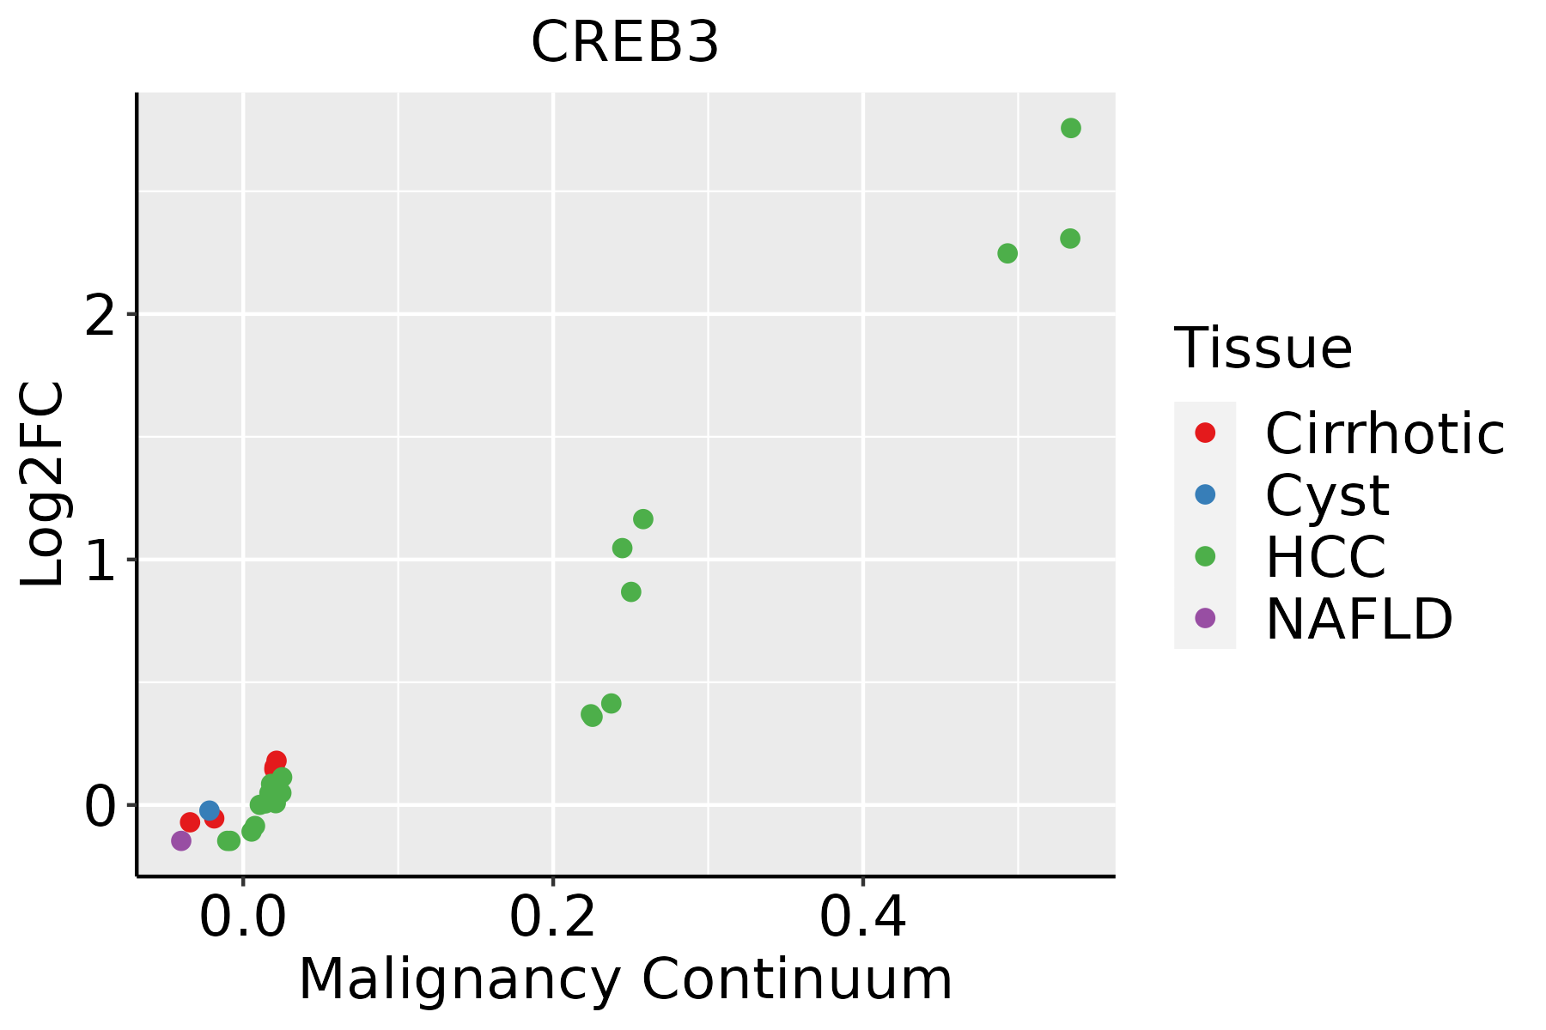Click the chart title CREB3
pyautogui.click(x=624, y=43)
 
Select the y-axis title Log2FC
pyautogui.click(x=43, y=485)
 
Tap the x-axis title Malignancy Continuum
pyautogui.click(x=624, y=979)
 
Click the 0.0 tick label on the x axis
pyautogui.click(x=243, y=918)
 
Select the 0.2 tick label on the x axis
pyautogui.click(x=553, y=918)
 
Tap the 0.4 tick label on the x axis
pyautogui.click(x=862, y=918)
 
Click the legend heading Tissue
pyautogui.click(x=1263, y=348)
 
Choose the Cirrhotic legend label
pyautogui.click(x=1384, y=433)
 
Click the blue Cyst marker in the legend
pyautogui.click(x=1205, y=494)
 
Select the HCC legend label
pyautogui.click(x=1325, y=556)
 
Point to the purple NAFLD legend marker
pyautogui.click(x=1205, y=617)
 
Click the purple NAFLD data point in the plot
pyautogui.click(x=181, y=840)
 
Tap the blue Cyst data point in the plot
pyautogui.click(x=209, y=810)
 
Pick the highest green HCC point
pyautogui.click(x=1070, y=128)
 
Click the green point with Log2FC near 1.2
pyautogui.click(x=642, y=519)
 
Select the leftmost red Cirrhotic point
pyautogui.click(x=190, y=822)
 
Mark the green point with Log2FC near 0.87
pyautogui.click(x=630, y=592)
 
